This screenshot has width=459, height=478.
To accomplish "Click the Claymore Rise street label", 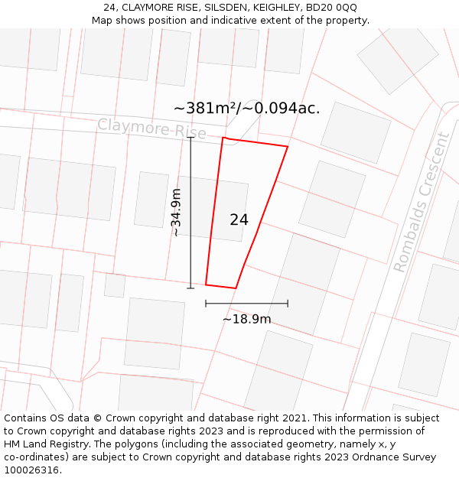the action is [151, 128].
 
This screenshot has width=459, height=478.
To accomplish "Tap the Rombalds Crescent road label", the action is [422, 203].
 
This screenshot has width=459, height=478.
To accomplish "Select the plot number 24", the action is [239, 220].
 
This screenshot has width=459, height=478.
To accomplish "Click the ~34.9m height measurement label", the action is [176, 212].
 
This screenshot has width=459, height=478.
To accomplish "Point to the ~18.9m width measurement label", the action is [246, 319].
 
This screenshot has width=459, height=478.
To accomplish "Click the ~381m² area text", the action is [205, 109].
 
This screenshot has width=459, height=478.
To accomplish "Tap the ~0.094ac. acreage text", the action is [282, 109].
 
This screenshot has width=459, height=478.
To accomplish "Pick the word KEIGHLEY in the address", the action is [277, 8].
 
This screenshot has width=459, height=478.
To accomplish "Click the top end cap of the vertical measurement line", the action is [190, 138].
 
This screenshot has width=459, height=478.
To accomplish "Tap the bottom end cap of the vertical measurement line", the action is [190, 288].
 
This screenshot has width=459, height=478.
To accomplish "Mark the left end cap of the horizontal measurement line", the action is [206, 304].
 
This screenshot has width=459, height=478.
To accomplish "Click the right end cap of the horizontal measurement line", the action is [288, 304].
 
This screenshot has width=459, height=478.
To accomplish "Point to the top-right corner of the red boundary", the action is [288, 146].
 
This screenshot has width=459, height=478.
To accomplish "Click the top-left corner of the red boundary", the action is [223, 138].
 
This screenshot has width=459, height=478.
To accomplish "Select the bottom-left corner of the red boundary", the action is [206, 285].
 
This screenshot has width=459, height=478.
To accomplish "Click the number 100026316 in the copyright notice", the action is [31, 470].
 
